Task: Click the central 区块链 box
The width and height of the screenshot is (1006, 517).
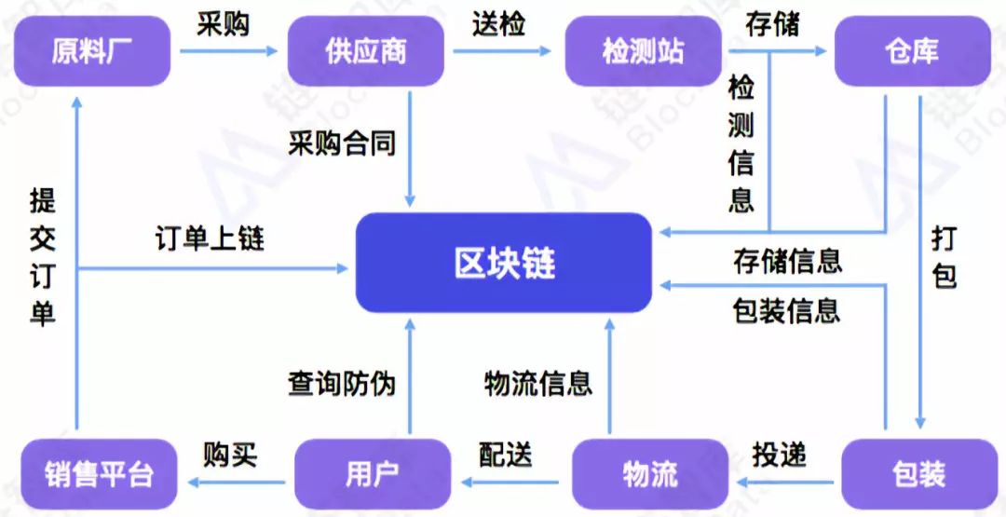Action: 504,263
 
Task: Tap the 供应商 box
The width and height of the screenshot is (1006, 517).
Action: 365,50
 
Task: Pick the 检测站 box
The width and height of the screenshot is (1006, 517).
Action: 643,50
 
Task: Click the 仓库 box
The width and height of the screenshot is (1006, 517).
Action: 910,50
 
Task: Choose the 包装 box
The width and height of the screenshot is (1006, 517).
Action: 918,474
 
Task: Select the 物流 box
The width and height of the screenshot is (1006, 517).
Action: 649,474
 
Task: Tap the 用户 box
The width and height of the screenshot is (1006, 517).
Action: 372,474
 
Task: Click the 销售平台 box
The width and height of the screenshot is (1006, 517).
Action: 98,474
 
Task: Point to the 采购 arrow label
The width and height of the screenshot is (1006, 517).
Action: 223,24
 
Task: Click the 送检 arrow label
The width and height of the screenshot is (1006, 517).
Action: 498,24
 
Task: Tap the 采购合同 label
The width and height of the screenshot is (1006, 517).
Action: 342,143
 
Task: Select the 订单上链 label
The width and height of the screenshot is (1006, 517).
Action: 210,238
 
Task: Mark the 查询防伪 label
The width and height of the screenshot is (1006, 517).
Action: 342,382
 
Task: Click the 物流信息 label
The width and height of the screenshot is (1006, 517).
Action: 538,382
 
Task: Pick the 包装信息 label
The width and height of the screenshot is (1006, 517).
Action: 787,310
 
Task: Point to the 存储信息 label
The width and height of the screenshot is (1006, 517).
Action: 787,261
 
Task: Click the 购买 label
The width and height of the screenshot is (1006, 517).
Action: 230,455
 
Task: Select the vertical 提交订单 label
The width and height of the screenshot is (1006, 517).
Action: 43,255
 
